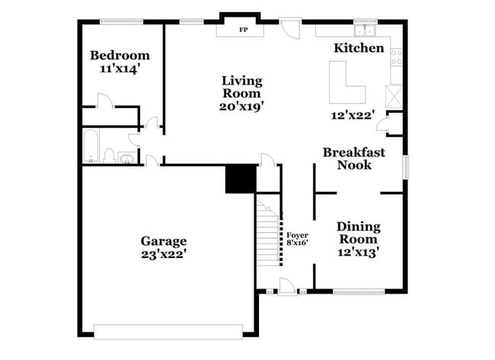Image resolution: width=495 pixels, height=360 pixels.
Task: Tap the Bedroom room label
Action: coord(120,55)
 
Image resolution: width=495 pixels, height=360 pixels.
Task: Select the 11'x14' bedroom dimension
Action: coord(120,68)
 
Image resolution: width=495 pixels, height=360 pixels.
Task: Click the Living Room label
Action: coord(242,87)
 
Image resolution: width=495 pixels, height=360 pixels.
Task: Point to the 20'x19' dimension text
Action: coord(242,107)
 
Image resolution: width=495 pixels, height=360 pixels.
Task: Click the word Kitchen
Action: coord(359,48)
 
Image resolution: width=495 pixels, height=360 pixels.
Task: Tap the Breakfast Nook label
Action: coord(354,158)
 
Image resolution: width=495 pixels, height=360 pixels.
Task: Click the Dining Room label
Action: coord(359,233)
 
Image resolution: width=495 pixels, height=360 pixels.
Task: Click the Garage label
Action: coord(163,241)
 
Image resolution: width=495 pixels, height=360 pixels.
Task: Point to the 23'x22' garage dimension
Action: coord(163,256)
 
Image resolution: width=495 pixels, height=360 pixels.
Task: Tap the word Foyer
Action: coord(297,235)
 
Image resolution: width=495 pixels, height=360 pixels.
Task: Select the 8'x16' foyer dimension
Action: coord(297,244)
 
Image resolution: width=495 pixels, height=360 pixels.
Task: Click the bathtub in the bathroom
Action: coord(90,147)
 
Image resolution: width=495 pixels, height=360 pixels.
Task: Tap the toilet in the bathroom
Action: coord(110,157)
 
